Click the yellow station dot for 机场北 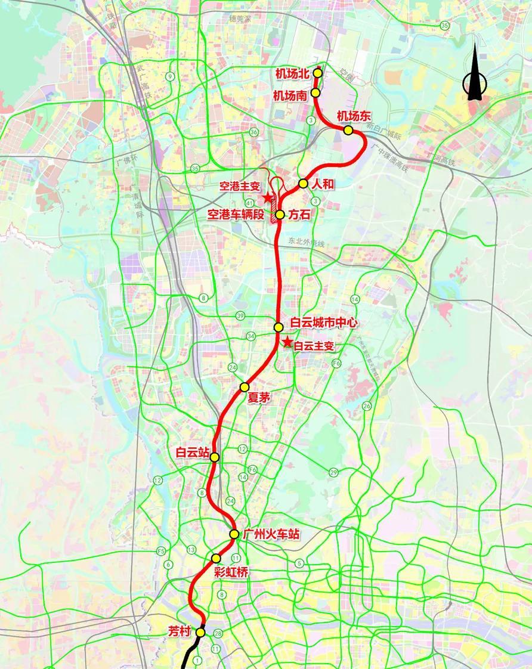[x=318, y=73]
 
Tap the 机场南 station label [x=290, y=94]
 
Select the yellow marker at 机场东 [x=348, y=130]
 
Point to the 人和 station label [x=323, y=184]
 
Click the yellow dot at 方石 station [x=280, y=215]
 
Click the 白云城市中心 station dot [x=279, y=327]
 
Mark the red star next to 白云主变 [x=287, y=342]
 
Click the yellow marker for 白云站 [x=215, y=457]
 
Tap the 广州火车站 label [x=270, y=534]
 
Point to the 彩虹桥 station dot [x=216, y=558]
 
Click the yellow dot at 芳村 [x=201, y=632]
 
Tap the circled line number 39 [x=240, y=315]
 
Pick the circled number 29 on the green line [x=333, y=473]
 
